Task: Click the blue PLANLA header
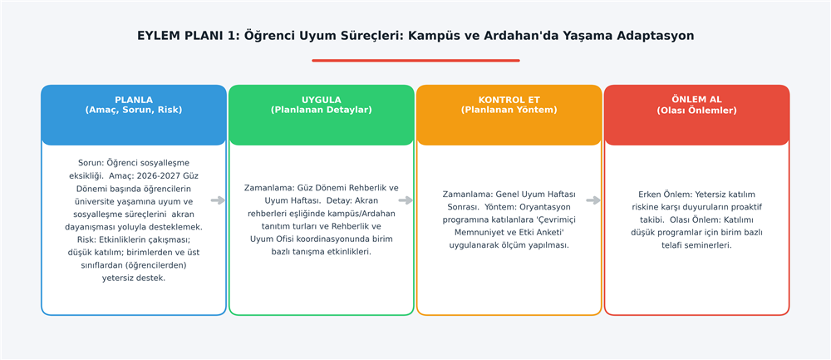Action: pyautogui.click(x=134, y=115)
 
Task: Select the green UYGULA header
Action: pyautogui.click(x=321, y=115)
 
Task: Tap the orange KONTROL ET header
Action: pyautogui.click(x=509, y=115)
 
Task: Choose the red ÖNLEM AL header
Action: pyautogui.click(x=697, y=115)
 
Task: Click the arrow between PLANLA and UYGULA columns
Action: pyautogui.click(x=218, y=200)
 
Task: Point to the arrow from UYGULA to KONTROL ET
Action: pyautogui.click(x=406, y=200)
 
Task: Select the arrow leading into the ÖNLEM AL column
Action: pyautogui.click(x=593, y=200)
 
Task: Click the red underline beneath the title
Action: pyautogui.click(x=415, y=61)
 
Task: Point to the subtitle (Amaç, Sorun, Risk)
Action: pyautogui.click(x=134, y=111)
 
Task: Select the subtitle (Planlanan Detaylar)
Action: pyautogui.click(x=321, y=111)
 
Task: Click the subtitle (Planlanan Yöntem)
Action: pyautogui.click(x=509, y=111)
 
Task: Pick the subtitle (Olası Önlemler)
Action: pyautogui.click(x=697, y=111)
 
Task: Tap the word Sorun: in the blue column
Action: pyautogui.click(x=91, y=163)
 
